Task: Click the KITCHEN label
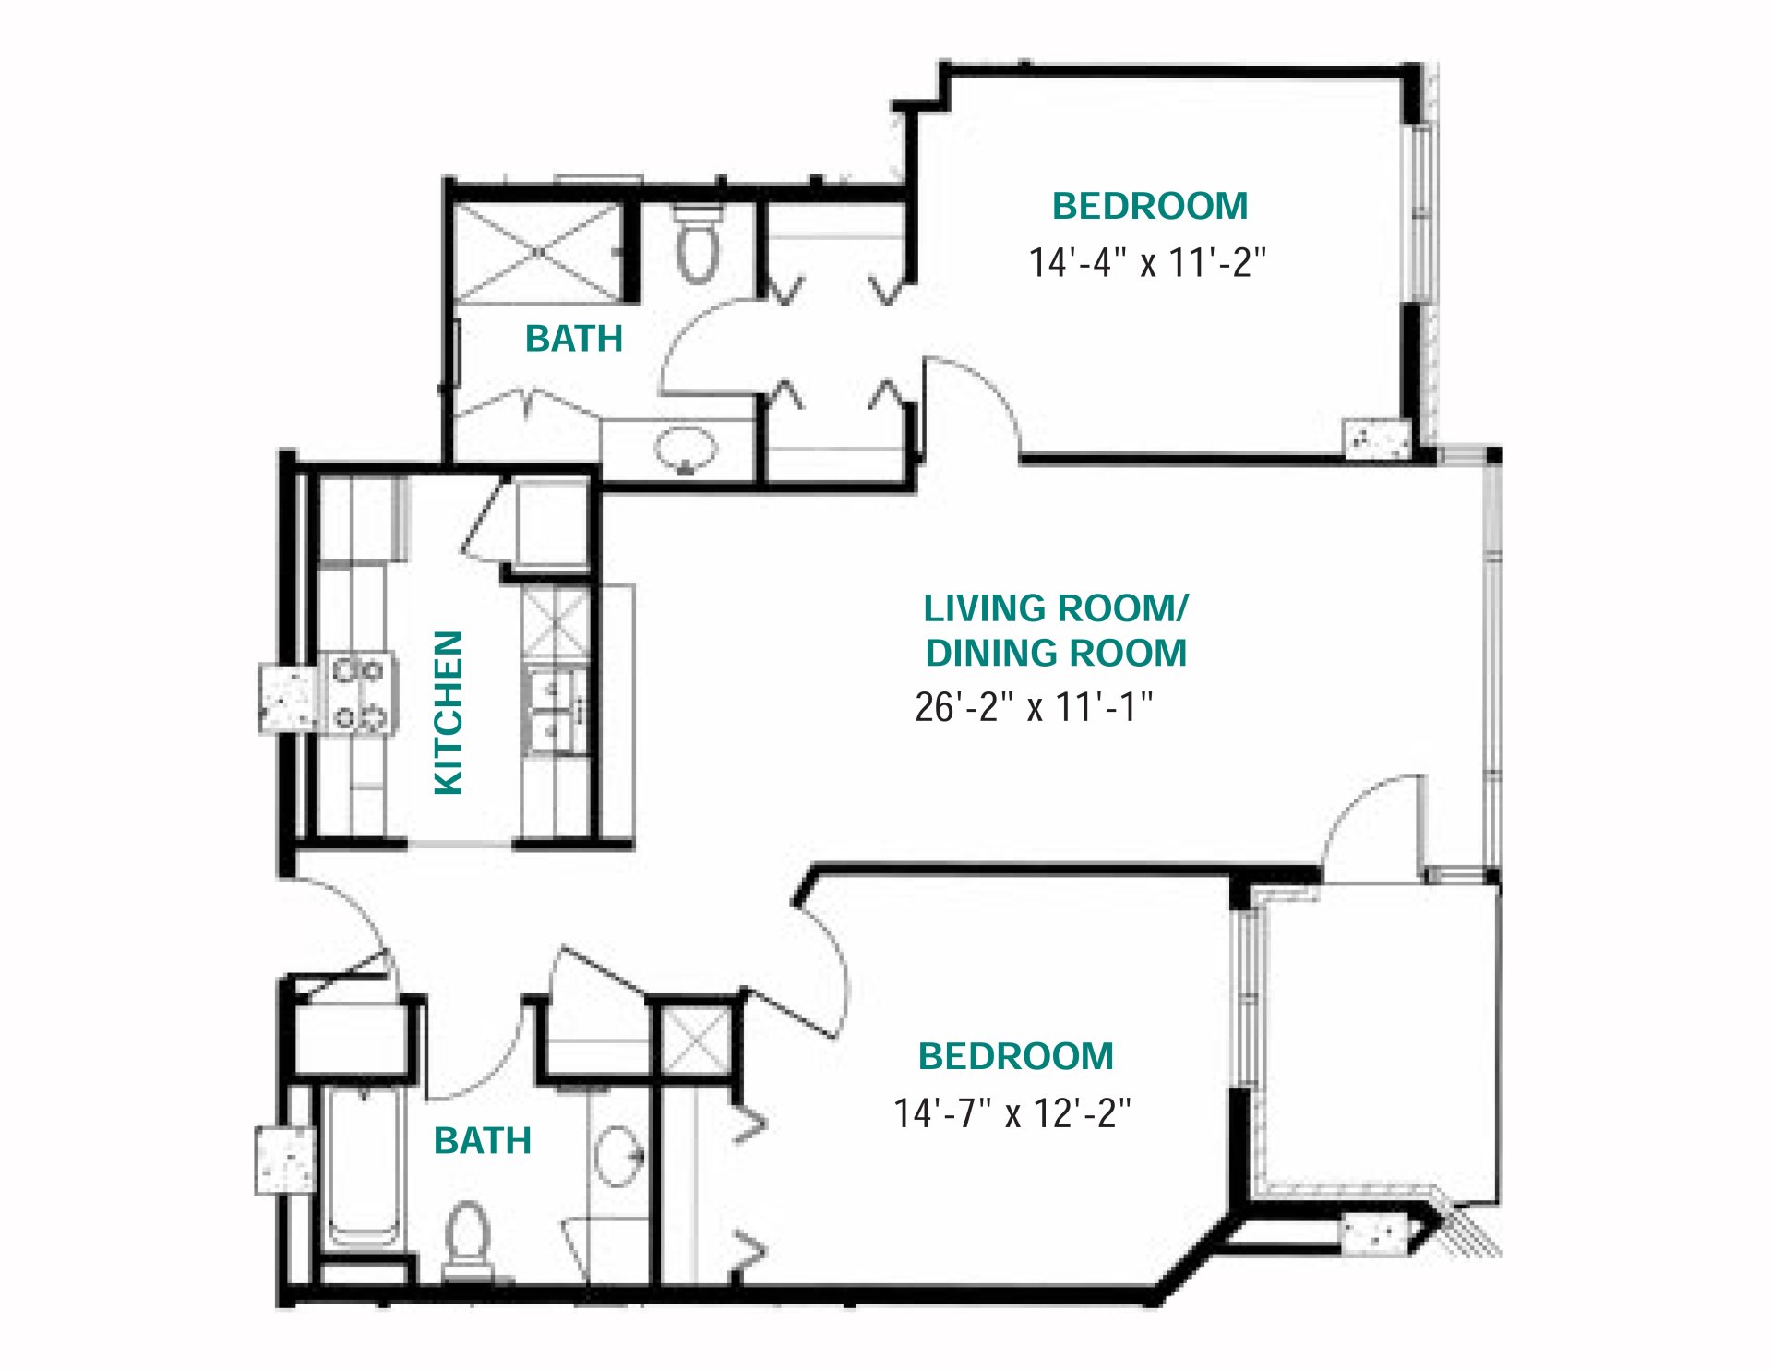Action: pos(449,712)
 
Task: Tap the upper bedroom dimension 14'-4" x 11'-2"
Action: pos(1147,263)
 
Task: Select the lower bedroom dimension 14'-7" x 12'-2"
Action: pos(1012,1113)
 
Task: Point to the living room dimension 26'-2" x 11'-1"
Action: pos(1034,707)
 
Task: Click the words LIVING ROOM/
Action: pos(1056,608)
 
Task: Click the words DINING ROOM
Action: pos(1056,654)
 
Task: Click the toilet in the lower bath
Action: pos(467,1237)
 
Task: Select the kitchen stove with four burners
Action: pos(358,694)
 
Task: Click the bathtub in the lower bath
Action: pos(364,1168)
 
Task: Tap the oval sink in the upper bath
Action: pos(686,450)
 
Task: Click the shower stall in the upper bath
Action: pos(540,251)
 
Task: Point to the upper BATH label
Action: pos(573,339)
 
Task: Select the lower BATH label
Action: pos(482,1141)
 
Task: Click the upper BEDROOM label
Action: pos(1149,206)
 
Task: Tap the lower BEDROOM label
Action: pos(1015,1056)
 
